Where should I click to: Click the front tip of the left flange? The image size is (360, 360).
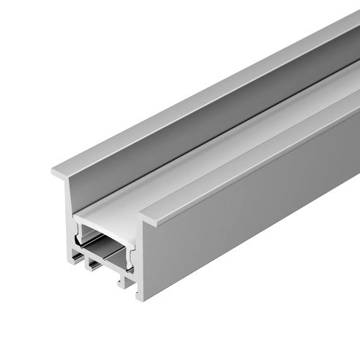click(54, 173)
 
